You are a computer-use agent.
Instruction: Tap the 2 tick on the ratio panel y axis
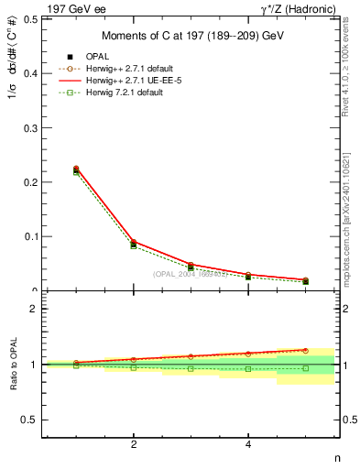(33, 309)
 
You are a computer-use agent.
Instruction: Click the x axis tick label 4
(248, 444)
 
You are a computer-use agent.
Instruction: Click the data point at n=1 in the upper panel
(76, 169)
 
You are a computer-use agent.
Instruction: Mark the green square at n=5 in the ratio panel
(306, 368)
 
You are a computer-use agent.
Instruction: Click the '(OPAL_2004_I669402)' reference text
(191, 274)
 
